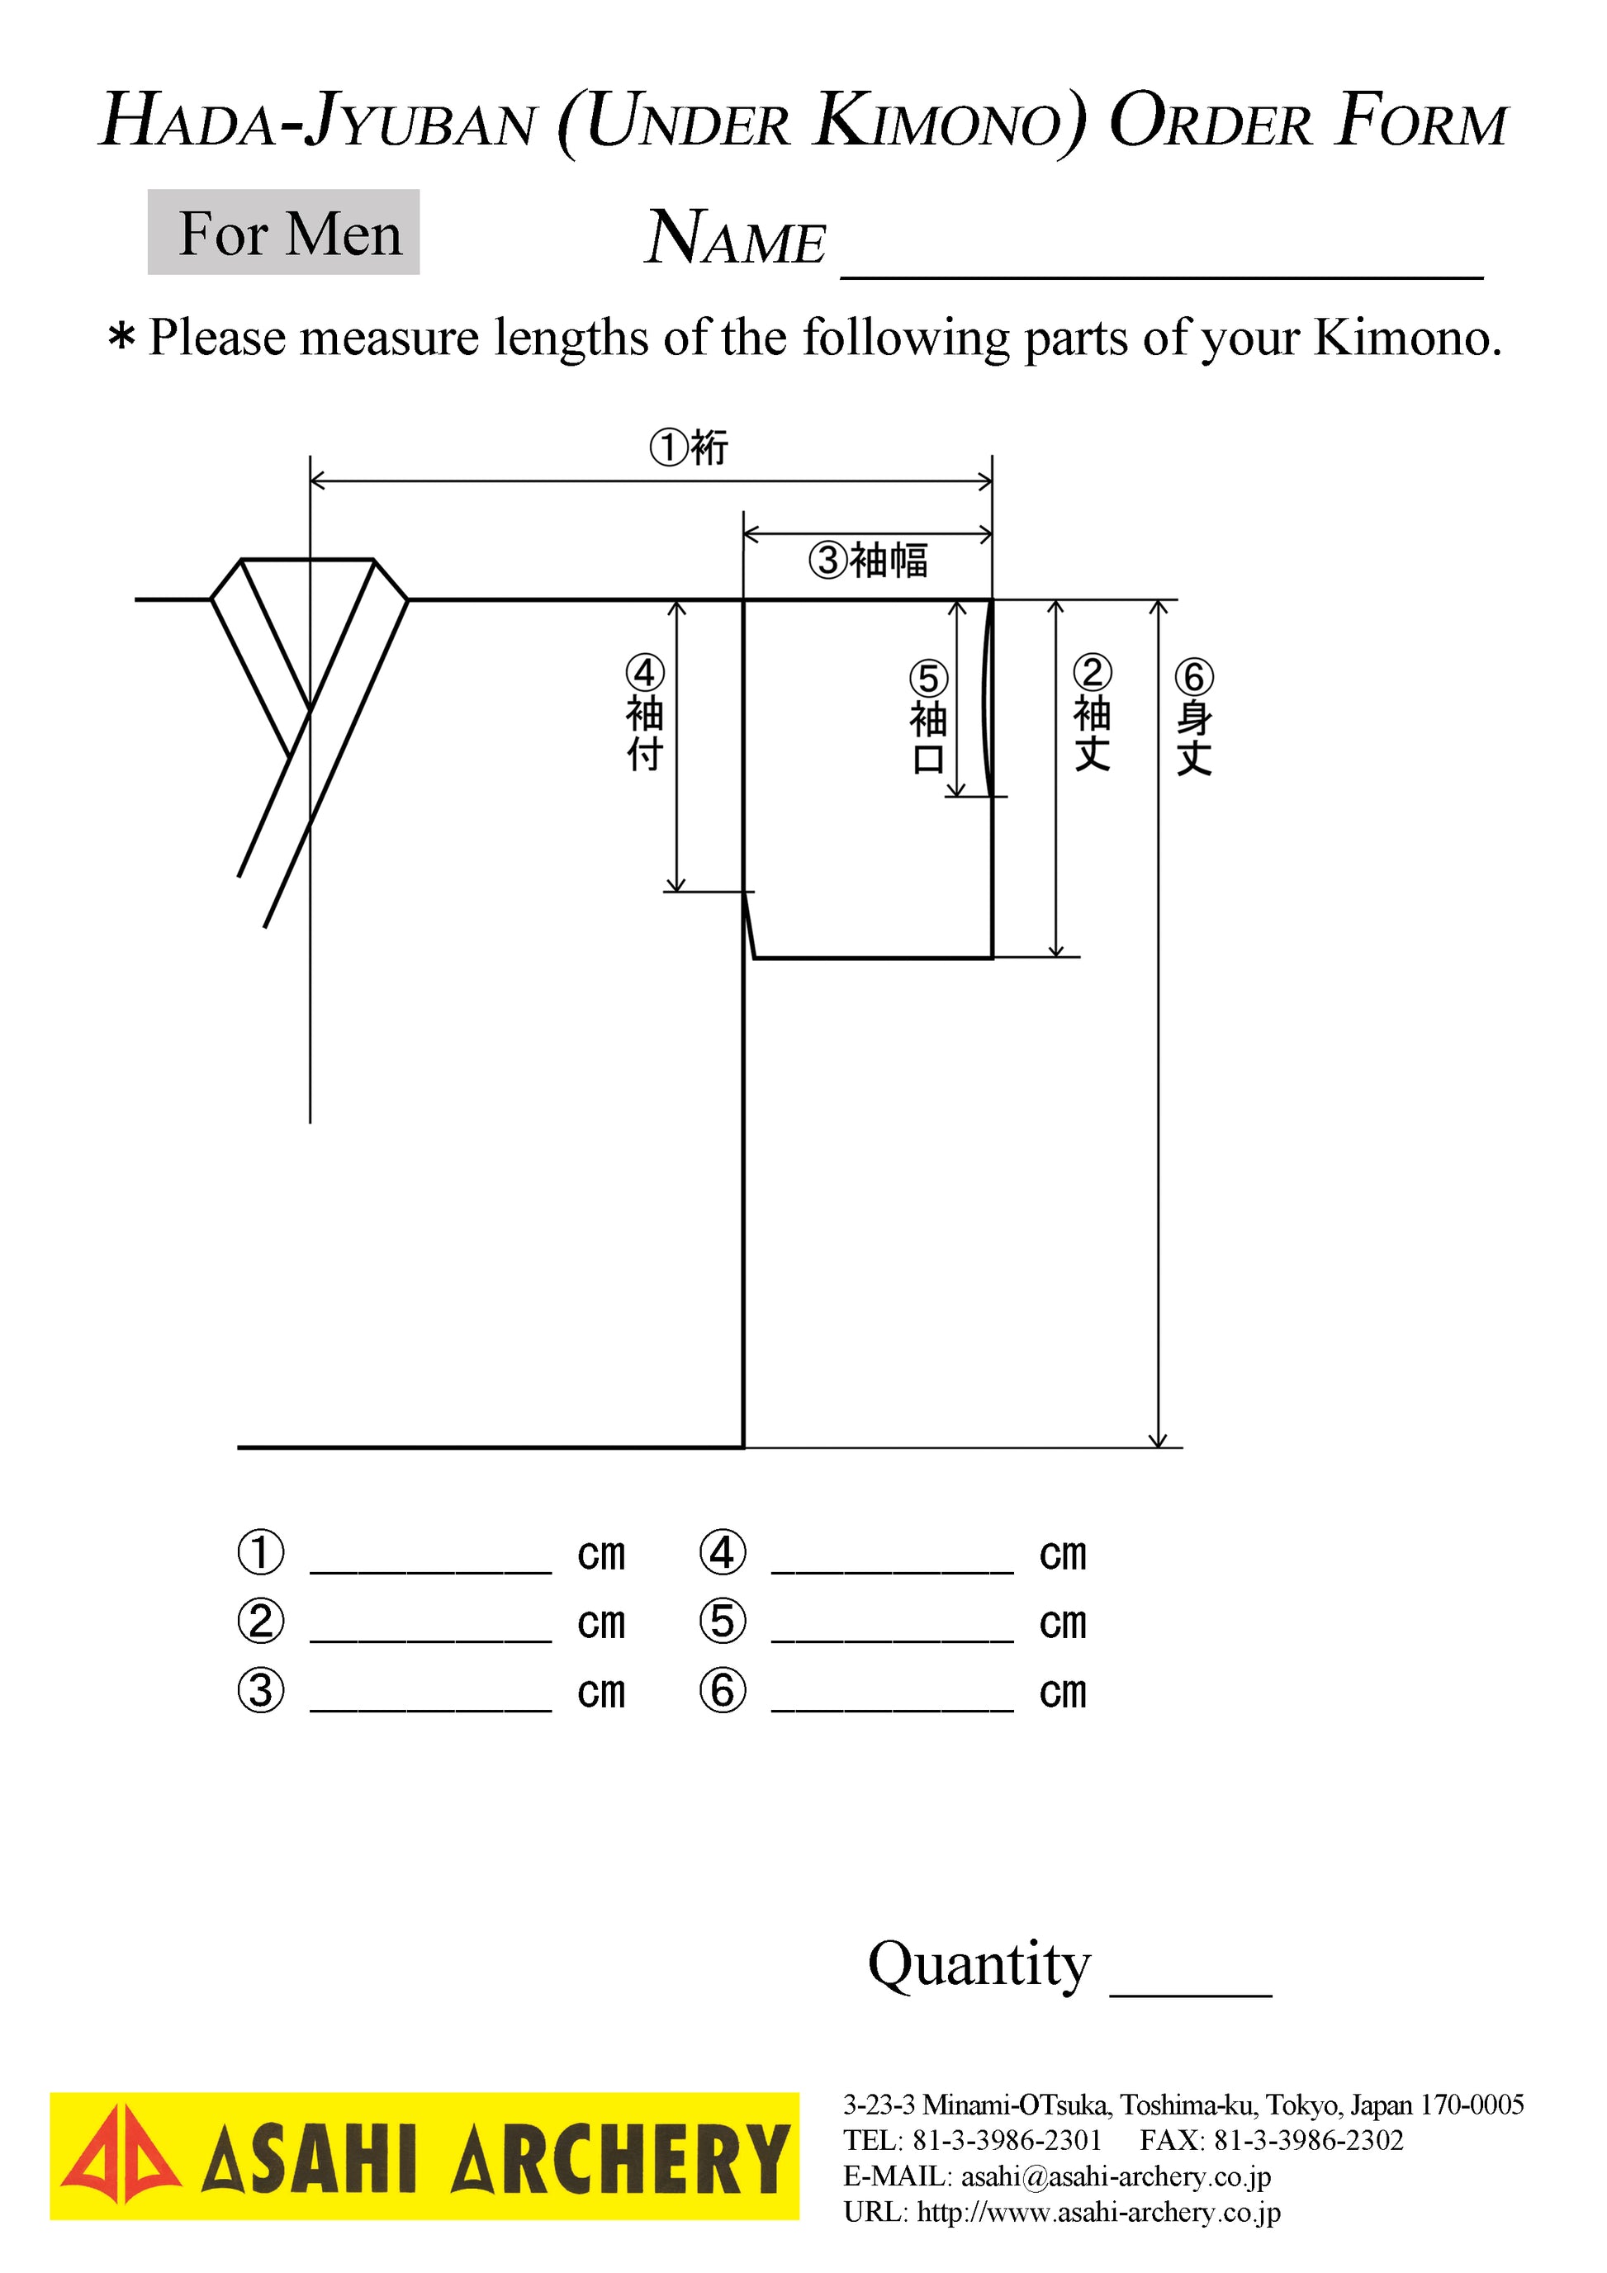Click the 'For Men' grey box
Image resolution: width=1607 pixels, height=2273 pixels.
(x=283, y=232)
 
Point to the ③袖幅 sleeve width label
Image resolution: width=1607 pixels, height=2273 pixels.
(x=869, y=561)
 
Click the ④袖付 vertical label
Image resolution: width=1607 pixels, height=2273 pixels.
(x=645, y=713)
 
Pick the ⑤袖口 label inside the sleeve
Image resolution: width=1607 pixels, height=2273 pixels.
(x=929, y=717)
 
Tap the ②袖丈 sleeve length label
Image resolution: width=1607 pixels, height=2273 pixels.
(x=1093, y=712)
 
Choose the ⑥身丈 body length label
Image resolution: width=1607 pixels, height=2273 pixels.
(x=1194, y=717)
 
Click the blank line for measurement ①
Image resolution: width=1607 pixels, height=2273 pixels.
(x=431, y=1571)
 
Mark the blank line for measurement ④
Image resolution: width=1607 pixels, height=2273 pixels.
(x=892, y=1571)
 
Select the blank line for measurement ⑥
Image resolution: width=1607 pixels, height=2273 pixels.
(x=892, y=1709)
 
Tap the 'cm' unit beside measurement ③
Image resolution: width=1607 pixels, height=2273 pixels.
(x=602, y=1692)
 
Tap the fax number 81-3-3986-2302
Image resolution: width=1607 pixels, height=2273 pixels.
(x=1309, y=2139)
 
